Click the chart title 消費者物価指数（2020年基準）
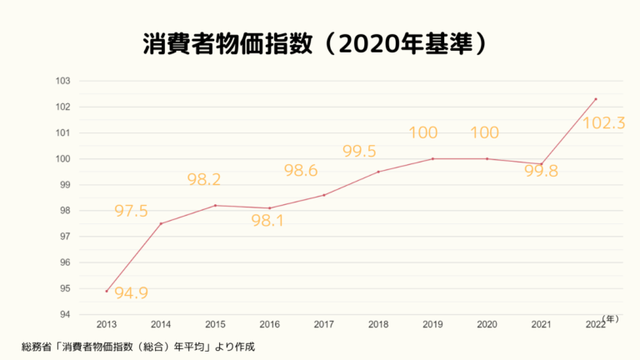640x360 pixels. pyautogui.click(x=315, y=44)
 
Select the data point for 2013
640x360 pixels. pyautogui.click(x=107, y=291)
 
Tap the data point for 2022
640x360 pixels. pyautogui.click(x=595, y=99)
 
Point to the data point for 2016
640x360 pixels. pyautogui.click(x=270, y=208)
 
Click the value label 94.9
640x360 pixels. pyautogui.click(x=131, y=292)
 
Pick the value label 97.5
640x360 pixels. pyautogui.click(x=131, y=212)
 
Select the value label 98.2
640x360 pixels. pyautogui.click(x=204, y=180)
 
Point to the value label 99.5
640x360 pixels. pyautogui.click(x=359, y=151)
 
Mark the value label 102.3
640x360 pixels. pyautogui.click(x=604, y=123)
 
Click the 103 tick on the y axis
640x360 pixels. pyautogui.click(x=63, y=81)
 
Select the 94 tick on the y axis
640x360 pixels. pyautogui.click(x=64, y=315)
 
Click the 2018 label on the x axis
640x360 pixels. pyautogui.click(x=378, y=323)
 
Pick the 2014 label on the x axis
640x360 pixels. pyautogui.click(x=161, y=323)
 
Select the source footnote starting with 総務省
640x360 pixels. pyautogui.click(x=137, y=345)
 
